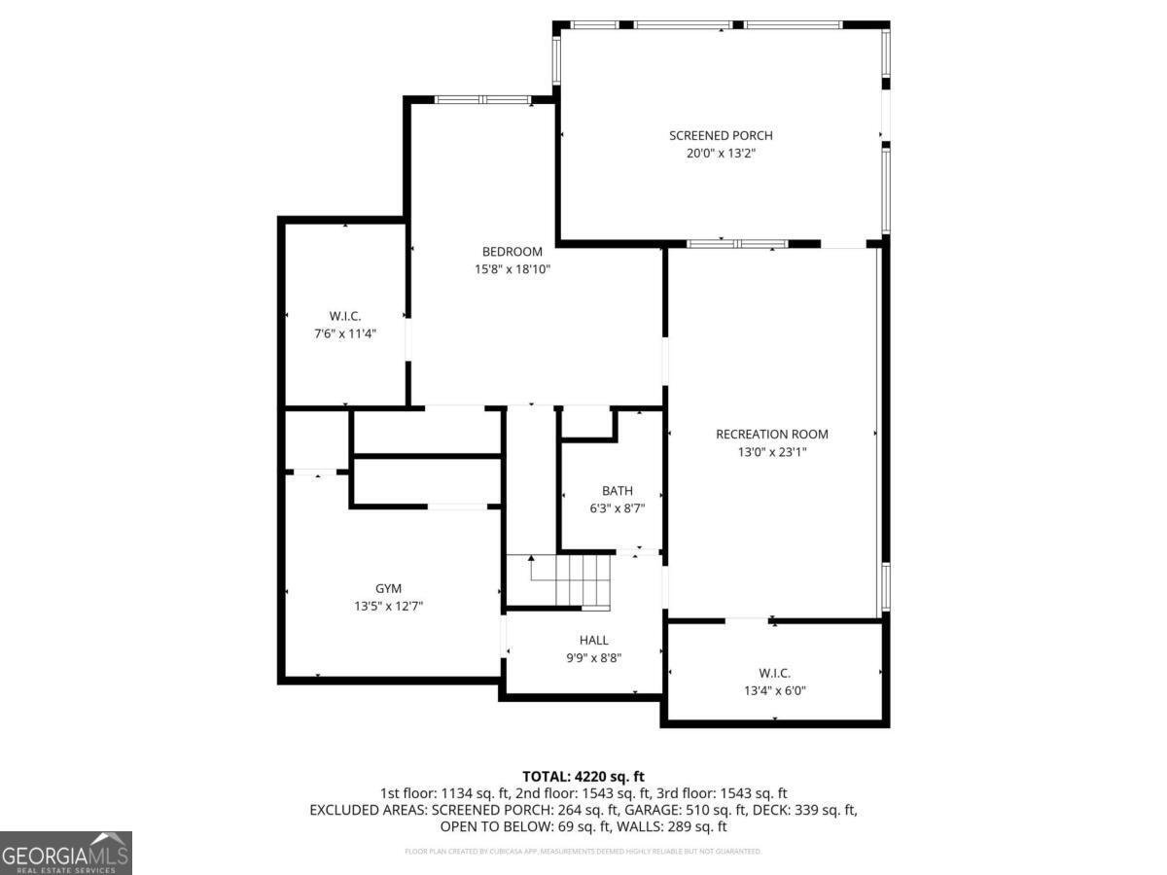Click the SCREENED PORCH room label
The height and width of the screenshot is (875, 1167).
tap(721, 135)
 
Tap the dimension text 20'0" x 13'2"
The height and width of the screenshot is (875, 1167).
tap(721, 154)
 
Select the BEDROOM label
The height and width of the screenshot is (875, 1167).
tap(513, 252)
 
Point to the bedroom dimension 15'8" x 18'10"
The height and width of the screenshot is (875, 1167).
tap(513, 269)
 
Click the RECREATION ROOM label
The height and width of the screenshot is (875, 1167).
tap(772, 434)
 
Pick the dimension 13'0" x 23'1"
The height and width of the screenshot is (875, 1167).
tap(772, 452)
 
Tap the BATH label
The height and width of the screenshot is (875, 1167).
tap(617, 490)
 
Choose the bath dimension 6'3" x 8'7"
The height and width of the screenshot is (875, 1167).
tap(617, 507)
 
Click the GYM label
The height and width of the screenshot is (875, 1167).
tap(388, 588)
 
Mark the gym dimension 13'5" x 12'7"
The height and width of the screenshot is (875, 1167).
tap(388, 606)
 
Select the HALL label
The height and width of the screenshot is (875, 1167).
tap(593, 640)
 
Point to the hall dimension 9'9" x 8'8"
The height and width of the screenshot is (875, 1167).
tap(593, 657)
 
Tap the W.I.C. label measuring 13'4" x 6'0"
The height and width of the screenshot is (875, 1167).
tap(775, 673)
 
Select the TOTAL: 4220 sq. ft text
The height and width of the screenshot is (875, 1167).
tap(583, 776)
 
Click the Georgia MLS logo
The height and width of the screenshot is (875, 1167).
tap(65, 853)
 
